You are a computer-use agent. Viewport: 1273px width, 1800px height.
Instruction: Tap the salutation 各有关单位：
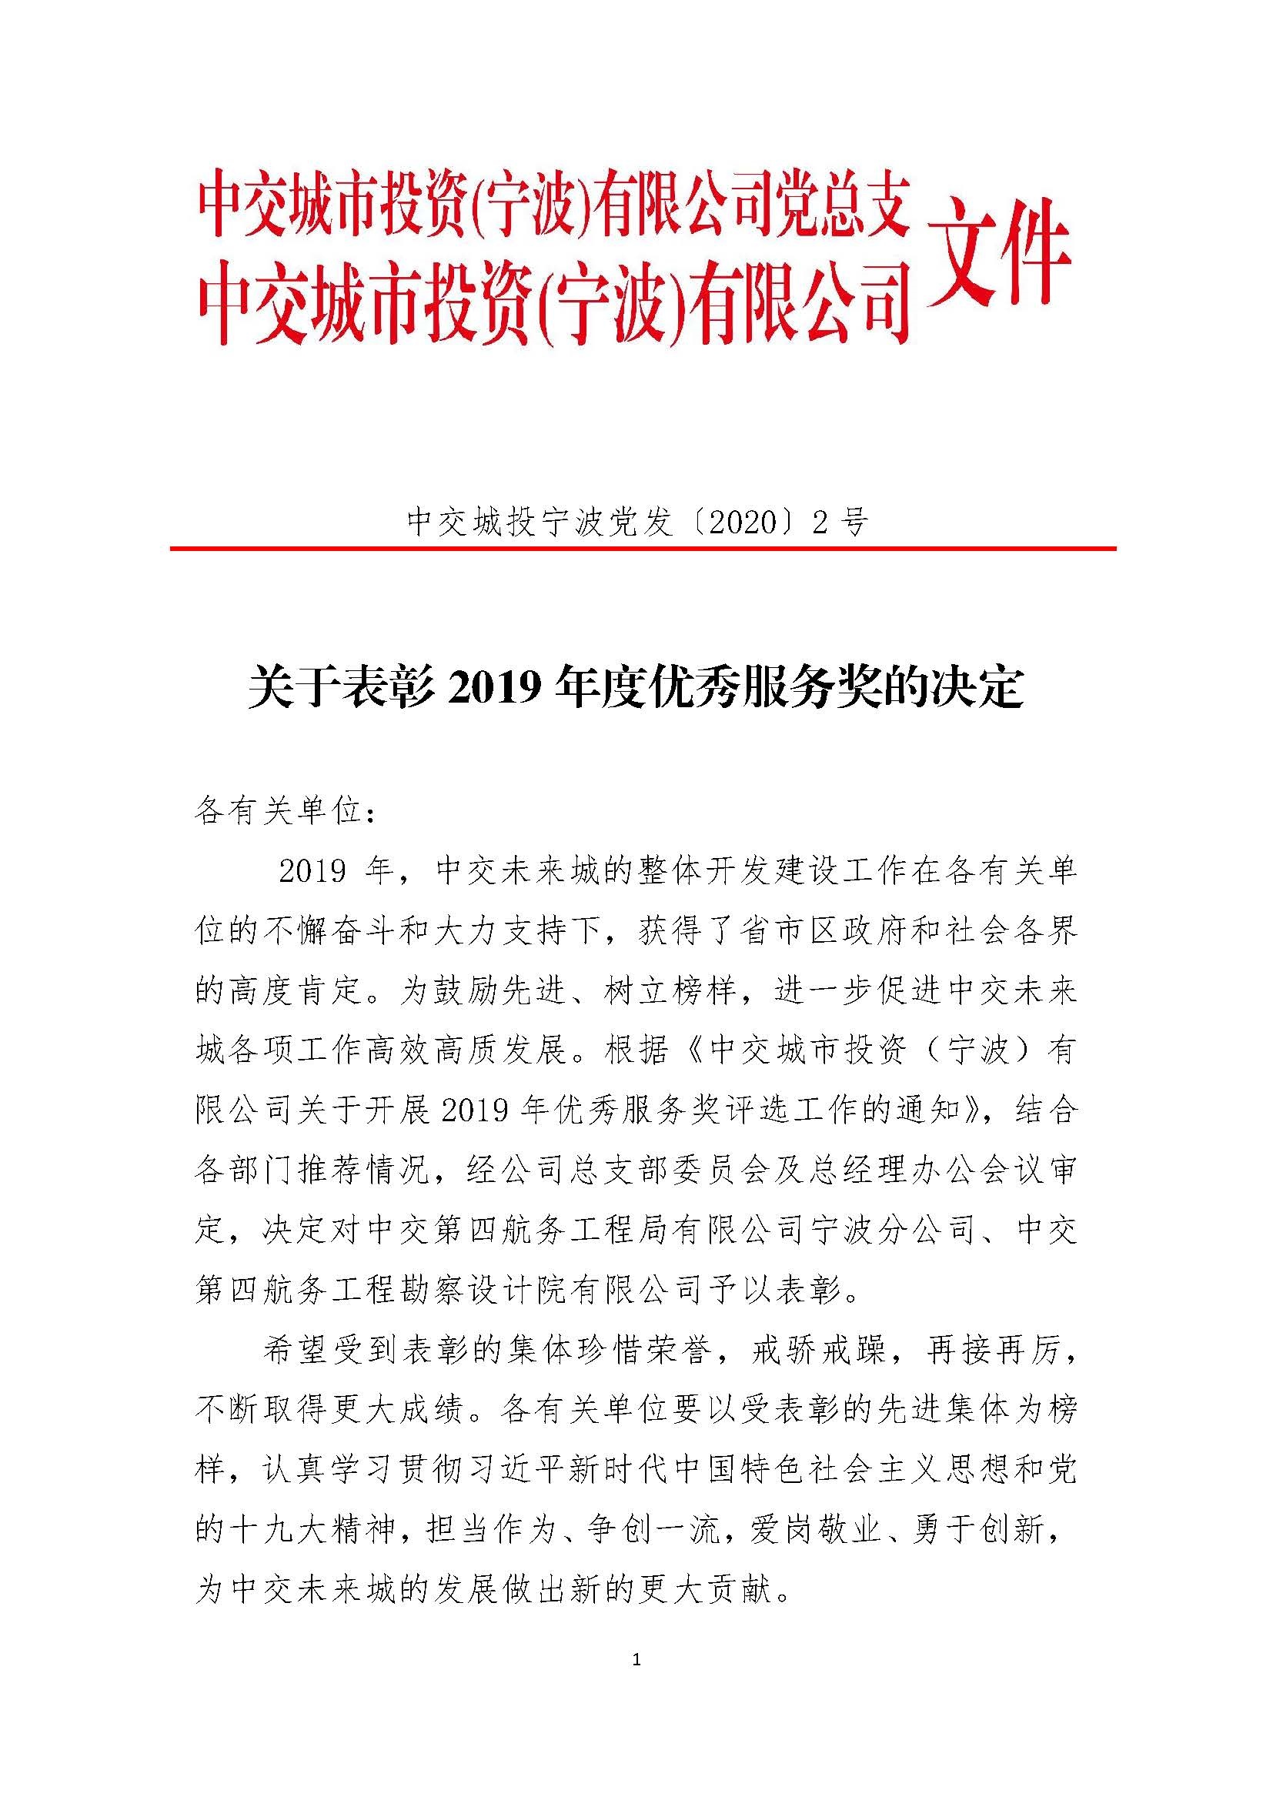(x=286, y=813)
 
